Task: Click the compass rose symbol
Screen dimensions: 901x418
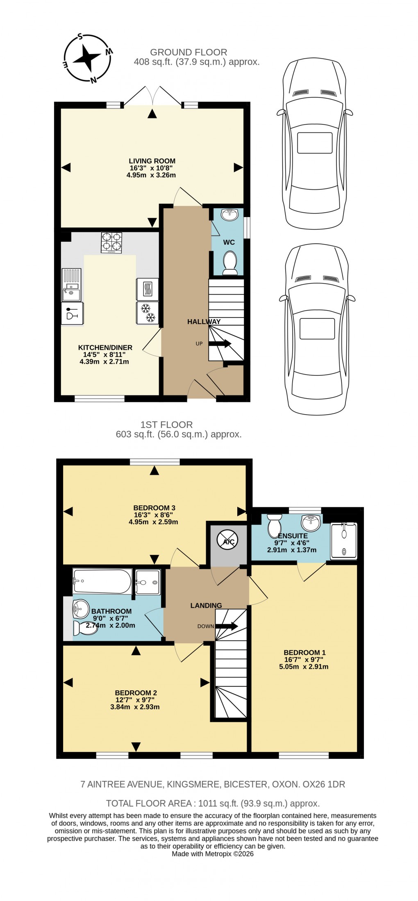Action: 87,58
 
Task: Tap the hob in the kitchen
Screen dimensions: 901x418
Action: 111,242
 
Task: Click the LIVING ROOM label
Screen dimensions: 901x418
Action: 152,161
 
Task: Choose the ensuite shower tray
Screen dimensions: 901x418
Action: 343,540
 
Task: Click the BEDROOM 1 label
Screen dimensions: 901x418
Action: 304,652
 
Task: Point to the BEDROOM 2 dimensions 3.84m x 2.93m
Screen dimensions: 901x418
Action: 135,707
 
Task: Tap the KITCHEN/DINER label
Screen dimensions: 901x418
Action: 105,347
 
